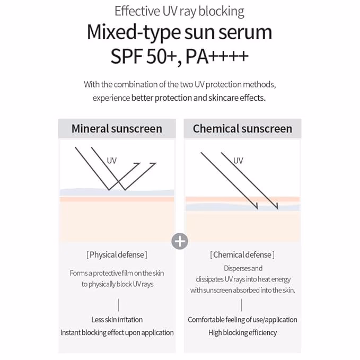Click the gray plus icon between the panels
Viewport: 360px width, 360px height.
pyautogui.click(x=180, y=241)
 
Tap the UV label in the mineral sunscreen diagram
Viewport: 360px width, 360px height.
pyautogui.click(x=111, y=161)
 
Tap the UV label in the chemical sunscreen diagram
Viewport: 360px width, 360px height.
pyautogui.click(x=238, y=161)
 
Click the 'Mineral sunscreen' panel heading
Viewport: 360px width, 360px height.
pyautogui.click(x=117, y=128)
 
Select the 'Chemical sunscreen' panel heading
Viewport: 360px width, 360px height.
pyautogui.click(x=242, y=128)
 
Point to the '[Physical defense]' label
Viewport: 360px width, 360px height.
pyautogui.click(x=117, y=255)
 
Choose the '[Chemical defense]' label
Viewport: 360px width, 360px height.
pyautogui.click(x=242, y=255)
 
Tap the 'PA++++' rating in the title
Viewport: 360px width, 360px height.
pyautogui.click(x=217, y=56)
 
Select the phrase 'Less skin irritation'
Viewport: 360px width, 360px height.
pyautogui.click(x=117, y=320)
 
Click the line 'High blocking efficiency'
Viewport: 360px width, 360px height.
pyautogui.click(x=242, y=332)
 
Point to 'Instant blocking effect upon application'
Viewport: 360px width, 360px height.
pyautogui.click(x=117, y=332)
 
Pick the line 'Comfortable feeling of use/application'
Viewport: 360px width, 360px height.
pyautogui.click(x=242, y=320)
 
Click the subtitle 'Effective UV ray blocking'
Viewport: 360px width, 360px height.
pyautogui.click(x=179, y=11)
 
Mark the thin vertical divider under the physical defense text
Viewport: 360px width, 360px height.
pyautogui.click(x=118, y=305)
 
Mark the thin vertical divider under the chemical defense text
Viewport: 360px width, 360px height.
pyautogui.click(x=241, y=305)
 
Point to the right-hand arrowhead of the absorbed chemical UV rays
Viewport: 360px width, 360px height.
pyautogui.click(x=277, y=207)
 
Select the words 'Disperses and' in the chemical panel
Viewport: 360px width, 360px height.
pyautogui.click(x=243, y=268)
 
